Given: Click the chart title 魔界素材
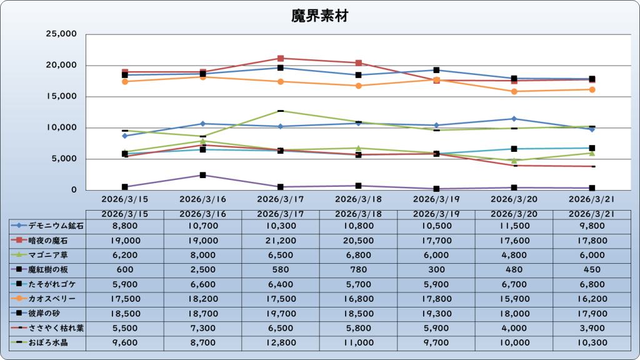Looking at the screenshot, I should (319, 16).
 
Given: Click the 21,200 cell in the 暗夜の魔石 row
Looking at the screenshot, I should (281, 241).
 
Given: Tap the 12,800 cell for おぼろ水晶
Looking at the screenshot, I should (281, 343).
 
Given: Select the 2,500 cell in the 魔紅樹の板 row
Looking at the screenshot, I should (202, 270).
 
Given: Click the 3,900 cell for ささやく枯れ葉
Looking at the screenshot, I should (591, 328).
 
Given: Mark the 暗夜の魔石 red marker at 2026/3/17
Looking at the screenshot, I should (281, 58).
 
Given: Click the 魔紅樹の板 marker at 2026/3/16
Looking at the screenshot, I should (202, 175).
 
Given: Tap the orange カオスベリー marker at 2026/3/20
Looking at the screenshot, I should (514, 91).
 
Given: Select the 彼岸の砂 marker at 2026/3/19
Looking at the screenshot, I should (436, 70).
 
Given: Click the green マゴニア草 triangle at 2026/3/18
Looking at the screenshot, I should (358, 148).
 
